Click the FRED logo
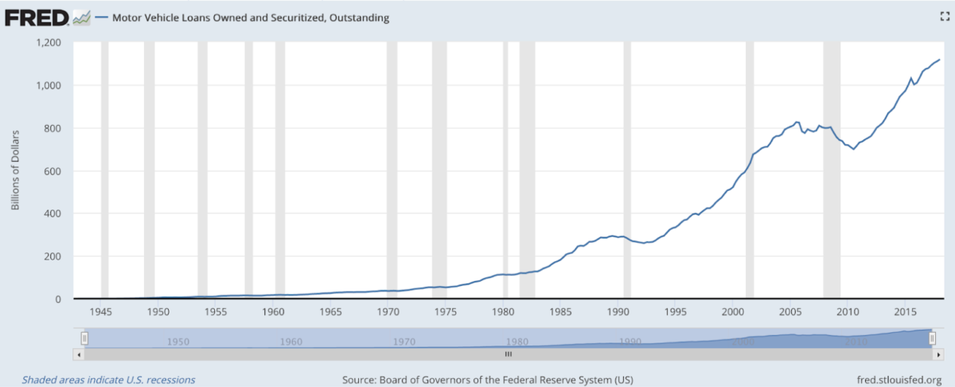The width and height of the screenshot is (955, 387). pos(36,17)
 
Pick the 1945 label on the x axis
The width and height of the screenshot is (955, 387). pos(100,311)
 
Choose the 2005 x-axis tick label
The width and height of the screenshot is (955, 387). pos(790,311)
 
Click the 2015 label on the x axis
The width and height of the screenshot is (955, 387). pos(905,311)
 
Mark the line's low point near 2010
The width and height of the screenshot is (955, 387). pos(854,149)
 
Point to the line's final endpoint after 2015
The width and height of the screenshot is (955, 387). pos(940,60)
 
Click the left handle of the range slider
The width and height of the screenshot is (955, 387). pos(84,339)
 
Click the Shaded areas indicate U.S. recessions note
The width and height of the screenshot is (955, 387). pos(108,380)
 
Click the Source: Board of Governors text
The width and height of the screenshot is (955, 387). pos(487,380)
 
